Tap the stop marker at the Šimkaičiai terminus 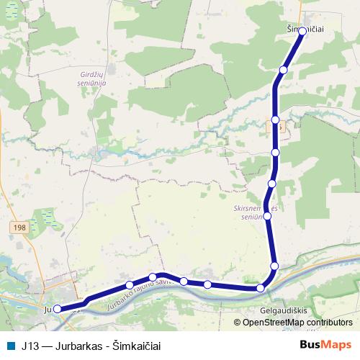click(302, 32)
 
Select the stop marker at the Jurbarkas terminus click(58, 309)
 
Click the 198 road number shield click(19, 227)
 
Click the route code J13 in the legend click(30, 345)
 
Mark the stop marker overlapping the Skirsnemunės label click(267, 215)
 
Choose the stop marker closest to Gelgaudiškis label click(261, 288)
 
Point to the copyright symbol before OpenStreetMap click(237, 323)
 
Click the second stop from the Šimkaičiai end click(284, 70)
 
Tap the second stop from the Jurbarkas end click(130, 284)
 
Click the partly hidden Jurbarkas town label click(49, 310)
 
